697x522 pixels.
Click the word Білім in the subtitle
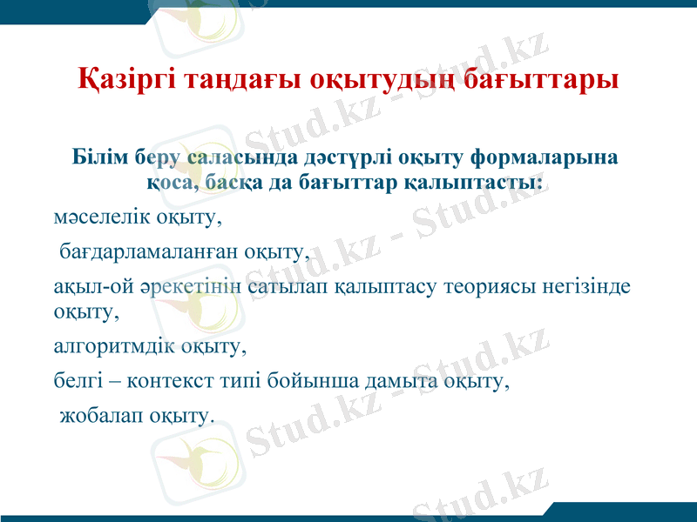100,157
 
